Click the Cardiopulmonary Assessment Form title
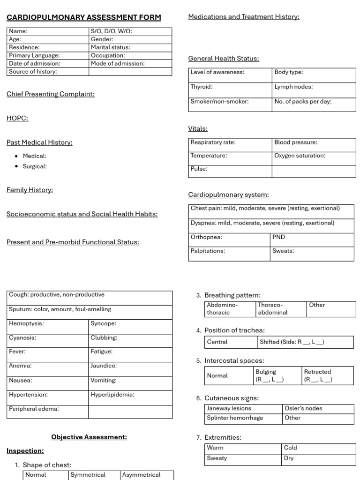(x=83, y=18)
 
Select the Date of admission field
(x=48, y=63)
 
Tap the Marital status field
(x=130, y=47)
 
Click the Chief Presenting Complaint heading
(x=51, y=94)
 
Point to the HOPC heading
(x=17, y=119)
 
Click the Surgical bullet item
(x=35, y=166)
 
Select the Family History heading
(x=30, y=190)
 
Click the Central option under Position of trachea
(x=231, y=342)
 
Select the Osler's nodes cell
(x=318, y=409)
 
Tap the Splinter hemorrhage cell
(x=243, y=419)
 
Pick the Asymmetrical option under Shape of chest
(x=146, y=475)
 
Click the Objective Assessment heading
(x=89, y=437)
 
